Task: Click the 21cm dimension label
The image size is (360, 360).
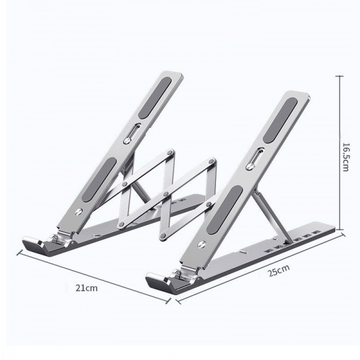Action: pos(86,288)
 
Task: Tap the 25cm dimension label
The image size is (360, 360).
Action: pos(278,271)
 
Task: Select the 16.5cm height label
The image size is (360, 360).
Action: pos(346,157)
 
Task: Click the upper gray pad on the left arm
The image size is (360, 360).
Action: pos(155,98)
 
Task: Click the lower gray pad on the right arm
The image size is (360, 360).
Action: pos(224,210)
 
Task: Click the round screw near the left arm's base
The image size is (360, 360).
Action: pos(79,211)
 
